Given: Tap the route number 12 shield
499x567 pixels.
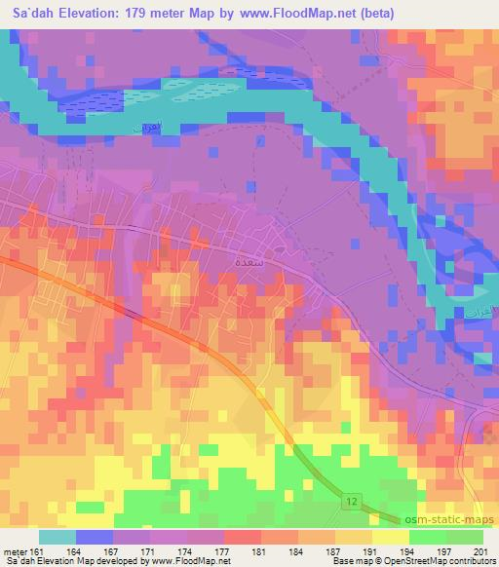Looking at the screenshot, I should tap(353, 500).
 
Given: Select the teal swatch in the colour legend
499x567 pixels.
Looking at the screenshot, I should tap(58, 536).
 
